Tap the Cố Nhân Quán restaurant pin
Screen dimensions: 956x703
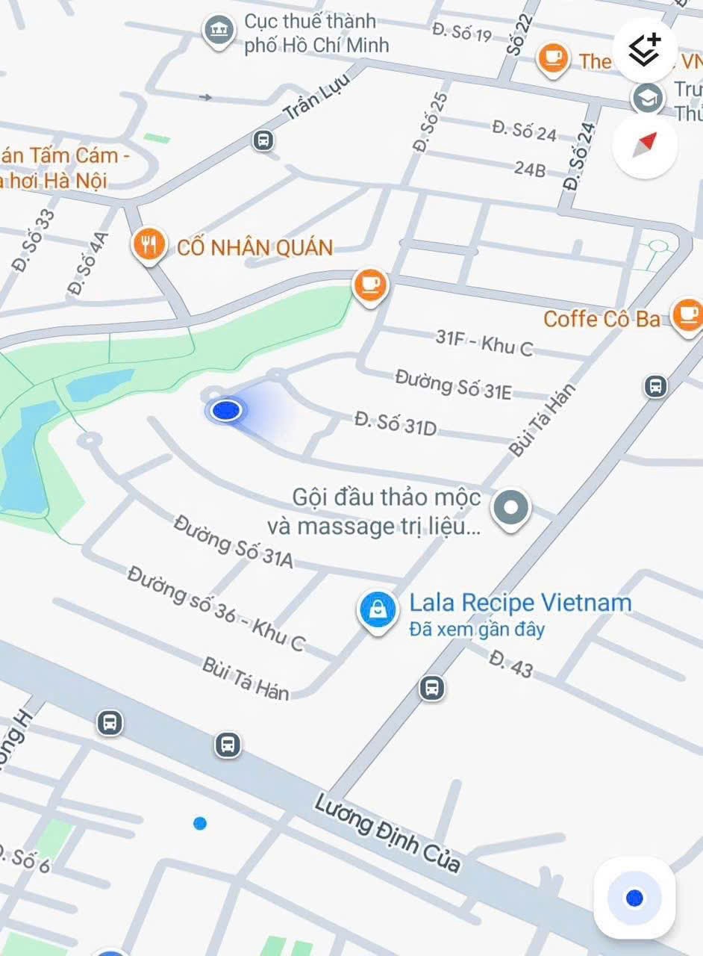coord(149,245)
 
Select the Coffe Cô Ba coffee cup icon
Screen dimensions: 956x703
coord(687,314)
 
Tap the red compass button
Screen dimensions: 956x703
coord(645,145)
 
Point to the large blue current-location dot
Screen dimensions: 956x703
coord(225,409)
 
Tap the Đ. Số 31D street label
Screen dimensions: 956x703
coord(396,423)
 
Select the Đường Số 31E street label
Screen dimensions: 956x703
coord(453,383)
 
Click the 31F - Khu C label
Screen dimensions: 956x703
coord(484,342)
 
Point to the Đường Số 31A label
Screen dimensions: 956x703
coord(234,541)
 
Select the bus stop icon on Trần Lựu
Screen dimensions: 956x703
coord(263,140)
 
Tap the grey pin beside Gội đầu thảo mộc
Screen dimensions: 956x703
coord(511,509)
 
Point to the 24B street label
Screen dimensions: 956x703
coord(529,169)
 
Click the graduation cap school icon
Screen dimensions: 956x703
coord(646,98)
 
